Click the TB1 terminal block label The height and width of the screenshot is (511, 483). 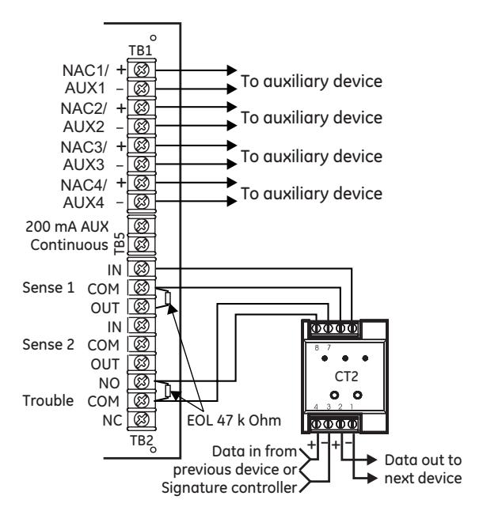tap(141, 51)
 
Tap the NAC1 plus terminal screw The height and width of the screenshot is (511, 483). tap(142, 70)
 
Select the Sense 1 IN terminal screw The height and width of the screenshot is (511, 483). tap(142, 268)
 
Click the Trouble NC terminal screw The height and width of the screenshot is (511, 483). tap(142, 419)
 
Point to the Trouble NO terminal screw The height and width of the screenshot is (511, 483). tap(142, 381)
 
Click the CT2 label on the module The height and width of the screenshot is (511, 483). tap(346, 377)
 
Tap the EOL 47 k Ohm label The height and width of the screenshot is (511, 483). tap(234, 420)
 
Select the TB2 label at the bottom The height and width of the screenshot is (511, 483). tap(142, 441)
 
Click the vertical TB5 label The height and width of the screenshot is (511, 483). tap(120, 244)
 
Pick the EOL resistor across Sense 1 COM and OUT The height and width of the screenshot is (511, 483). tap(168, 298)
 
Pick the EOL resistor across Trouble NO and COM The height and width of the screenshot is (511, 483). tap(168, 391)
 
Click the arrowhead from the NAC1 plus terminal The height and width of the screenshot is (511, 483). tap(232, 70)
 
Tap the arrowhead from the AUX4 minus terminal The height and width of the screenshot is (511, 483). tap(232, 201)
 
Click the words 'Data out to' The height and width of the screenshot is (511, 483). tap(424, 460)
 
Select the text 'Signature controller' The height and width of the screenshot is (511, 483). tap(230, 488)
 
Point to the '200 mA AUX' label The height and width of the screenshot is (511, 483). tap(67, 226)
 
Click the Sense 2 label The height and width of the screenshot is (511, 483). tap(48, 344)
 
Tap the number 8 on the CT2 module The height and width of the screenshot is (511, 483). tap(317, 348)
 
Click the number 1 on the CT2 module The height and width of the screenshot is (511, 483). tap(352, 407)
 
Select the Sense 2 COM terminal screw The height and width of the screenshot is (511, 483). tap(142, 344)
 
